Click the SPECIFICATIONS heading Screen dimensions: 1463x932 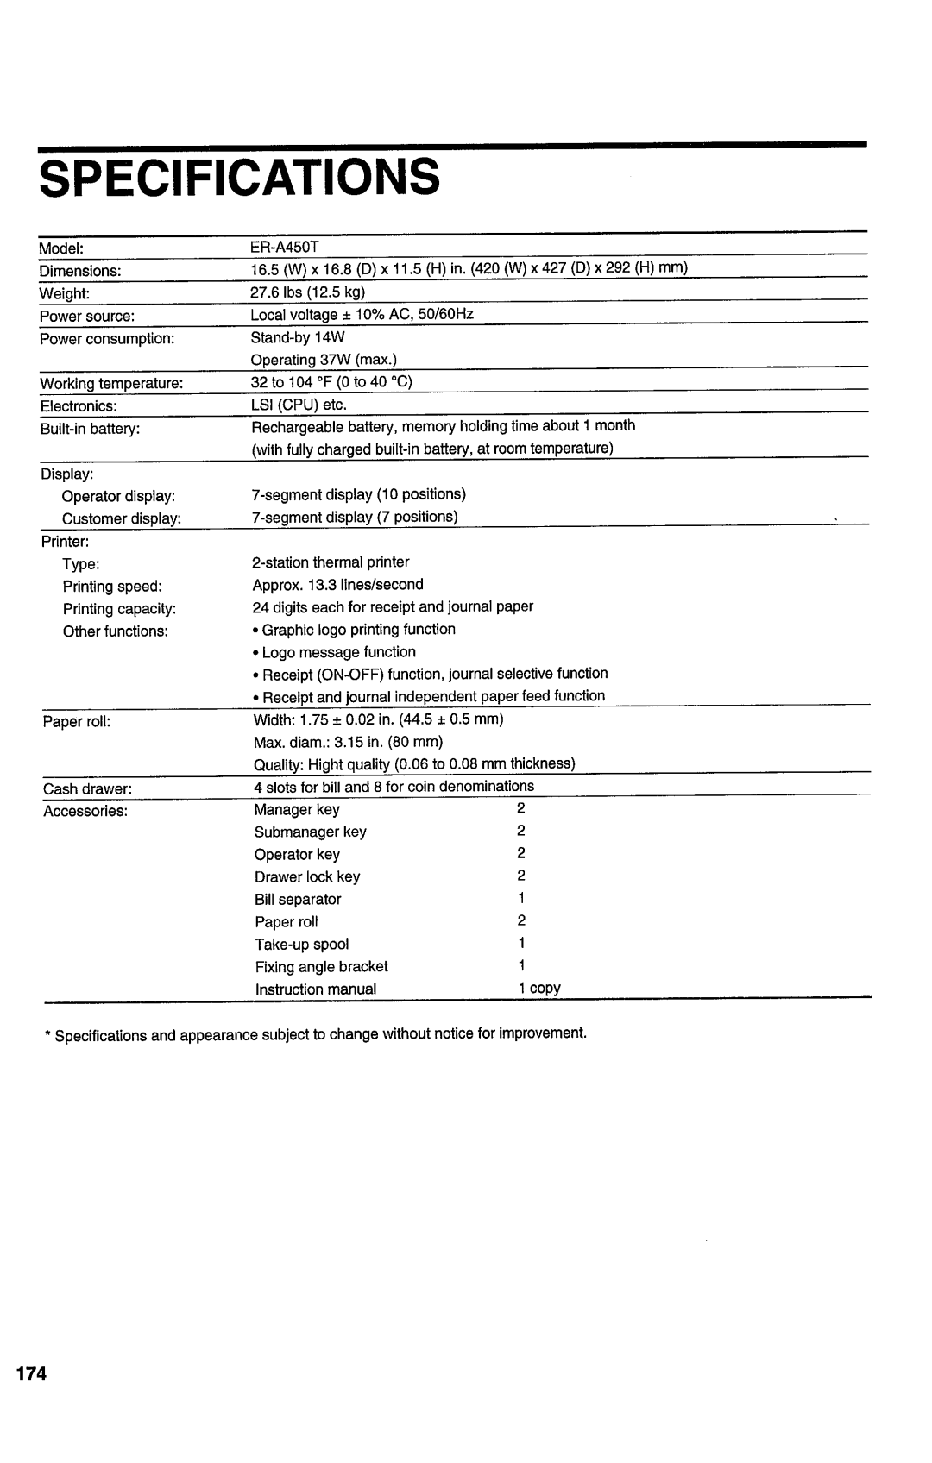pyautogui.click(x=239, y=178)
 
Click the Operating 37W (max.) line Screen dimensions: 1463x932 pyautogui.click(x=324, y=360)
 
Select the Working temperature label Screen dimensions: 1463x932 pyautogui.click(x=111, y=383)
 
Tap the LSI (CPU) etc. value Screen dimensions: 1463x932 pyautogui.click(x=299, y=405)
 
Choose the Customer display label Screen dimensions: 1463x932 pyautogui.click(x=121, y=518)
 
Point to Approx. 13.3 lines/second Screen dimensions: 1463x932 pyautogui.click(x=337, y=585)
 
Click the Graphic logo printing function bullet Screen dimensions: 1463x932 pyautogui.click(x=355, y=630)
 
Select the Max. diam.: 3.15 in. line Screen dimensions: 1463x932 pyautogui.click(x=349, y=742)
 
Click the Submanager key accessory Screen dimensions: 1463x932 pyautogui.click(x=310, y=832)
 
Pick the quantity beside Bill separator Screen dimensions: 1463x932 pyautogui.click(x=522, y=898)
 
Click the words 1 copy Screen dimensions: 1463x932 pyautogui.click(x=539, y=988)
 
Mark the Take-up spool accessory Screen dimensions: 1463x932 pyautogui.click(x=301, y=944)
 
